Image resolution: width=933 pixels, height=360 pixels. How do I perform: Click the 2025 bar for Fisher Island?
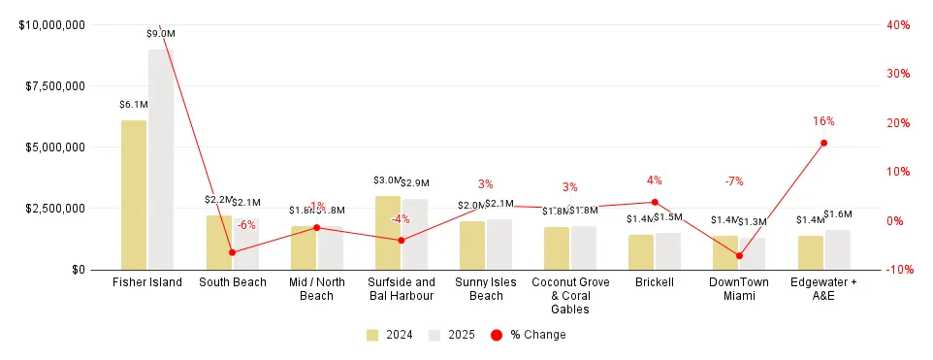161,159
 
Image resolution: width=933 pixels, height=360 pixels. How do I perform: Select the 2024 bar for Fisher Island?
134,195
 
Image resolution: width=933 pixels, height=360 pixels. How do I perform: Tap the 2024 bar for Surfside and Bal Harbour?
388,233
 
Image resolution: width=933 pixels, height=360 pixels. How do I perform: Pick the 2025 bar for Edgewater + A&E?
838,249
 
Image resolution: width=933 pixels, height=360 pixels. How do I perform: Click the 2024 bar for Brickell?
641,252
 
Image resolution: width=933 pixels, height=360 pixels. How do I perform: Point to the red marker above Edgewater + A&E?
823,143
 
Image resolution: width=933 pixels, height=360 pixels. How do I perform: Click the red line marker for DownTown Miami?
739,256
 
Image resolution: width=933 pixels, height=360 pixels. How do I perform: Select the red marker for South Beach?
232,252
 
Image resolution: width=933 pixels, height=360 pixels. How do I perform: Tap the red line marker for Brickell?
655,202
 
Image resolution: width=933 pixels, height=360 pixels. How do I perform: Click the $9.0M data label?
161,34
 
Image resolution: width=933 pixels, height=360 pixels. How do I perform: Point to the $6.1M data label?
134,105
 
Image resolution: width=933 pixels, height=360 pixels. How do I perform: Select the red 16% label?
823,121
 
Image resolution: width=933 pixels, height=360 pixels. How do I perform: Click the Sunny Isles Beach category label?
486,289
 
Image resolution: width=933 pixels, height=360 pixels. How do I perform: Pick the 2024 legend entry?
390,335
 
